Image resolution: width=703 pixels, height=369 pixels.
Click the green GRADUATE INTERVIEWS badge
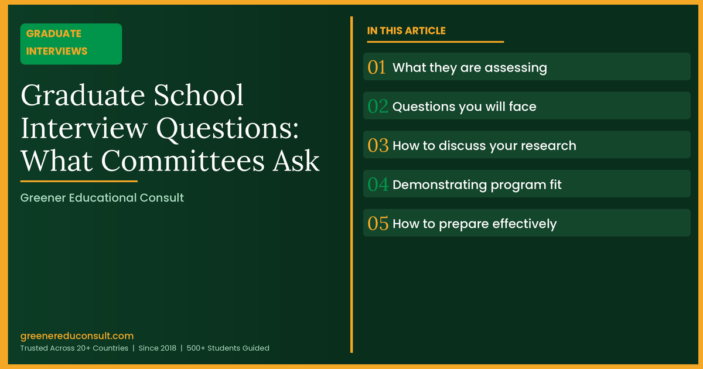71,43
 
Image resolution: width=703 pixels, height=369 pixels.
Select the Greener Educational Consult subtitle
102,198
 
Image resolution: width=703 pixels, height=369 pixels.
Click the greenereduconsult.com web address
77,336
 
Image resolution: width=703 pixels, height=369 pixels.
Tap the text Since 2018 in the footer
160,348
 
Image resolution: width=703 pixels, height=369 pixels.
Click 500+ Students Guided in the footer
228,348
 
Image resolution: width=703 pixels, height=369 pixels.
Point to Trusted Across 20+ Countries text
74,348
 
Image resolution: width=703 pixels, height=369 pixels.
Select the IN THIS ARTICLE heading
406,30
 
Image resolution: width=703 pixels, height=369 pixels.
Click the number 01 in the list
377,67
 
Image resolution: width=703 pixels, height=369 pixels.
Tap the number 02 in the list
378,107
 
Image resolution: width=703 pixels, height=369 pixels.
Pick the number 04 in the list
378,184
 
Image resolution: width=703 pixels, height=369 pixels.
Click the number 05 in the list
378,224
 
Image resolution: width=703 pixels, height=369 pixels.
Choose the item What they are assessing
469,67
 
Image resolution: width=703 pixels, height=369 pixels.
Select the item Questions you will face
464,107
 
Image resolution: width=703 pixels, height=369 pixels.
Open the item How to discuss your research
484,145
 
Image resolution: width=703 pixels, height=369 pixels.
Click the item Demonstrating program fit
477,184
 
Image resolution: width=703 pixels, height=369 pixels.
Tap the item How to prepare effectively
474,224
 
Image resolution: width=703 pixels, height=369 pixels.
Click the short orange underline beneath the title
79,182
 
